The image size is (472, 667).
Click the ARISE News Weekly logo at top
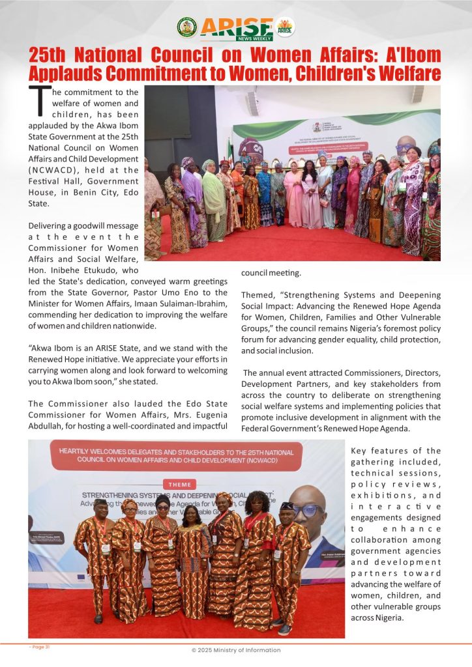(x=236, y=28)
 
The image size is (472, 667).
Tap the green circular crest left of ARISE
(x=187, y=27)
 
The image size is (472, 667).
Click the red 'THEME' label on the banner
(x=180, y=485)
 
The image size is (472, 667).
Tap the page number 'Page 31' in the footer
(x=40, y=647)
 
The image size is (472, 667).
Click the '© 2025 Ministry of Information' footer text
(x=236, y=650)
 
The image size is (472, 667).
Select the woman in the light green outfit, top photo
(x=213, y=199)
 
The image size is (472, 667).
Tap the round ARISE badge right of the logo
(x=285, y=27)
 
